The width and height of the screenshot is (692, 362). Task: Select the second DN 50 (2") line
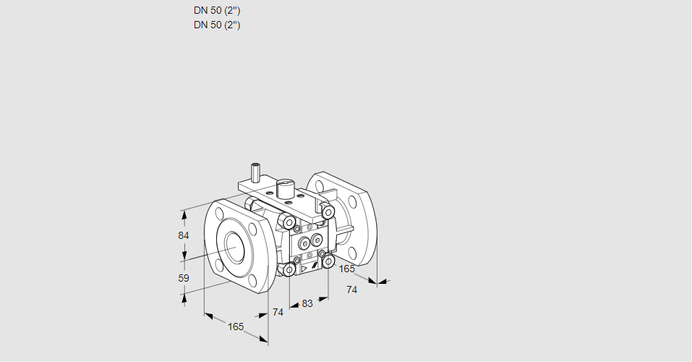(x=217, y=25)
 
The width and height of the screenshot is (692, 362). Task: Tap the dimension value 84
(x=183, y=236)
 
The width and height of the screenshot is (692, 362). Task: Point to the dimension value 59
(x=183, y=278)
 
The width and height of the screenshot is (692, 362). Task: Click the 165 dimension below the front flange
(x=236, y=327)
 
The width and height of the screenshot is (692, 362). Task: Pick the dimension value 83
(x=307, y=303)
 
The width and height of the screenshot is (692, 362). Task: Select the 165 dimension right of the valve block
(x=347, y=269)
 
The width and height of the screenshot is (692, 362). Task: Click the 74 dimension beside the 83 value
(x=278, y=312)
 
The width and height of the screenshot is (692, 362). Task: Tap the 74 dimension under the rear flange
(x=352, y=290)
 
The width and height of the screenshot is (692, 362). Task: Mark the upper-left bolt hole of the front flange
(x=219, y=213)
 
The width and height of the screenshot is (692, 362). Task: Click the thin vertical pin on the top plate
(x=255, y=173)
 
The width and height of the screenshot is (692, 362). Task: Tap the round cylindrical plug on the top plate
(x=285, y=188)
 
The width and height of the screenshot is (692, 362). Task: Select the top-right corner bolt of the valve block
(x=328, y=212)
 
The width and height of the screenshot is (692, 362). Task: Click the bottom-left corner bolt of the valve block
(x=289, y=270)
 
